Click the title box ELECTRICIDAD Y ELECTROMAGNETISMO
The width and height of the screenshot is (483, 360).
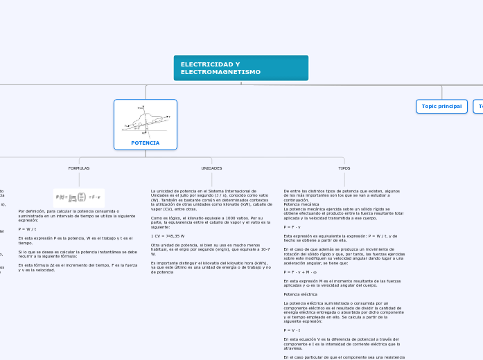click(x=240, y=68)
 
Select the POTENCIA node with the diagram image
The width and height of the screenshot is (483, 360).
click(x=146, y=125)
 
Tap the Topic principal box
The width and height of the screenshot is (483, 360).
click(x=441, y=106)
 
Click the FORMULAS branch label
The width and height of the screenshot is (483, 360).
click(x=79, y=168)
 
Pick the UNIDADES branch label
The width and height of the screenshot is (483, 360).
click(x=211, y=168)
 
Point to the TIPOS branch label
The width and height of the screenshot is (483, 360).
click(x=344, y=168)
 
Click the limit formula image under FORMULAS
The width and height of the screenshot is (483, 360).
click(x=79, y=197)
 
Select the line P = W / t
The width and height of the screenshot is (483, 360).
click(x=28, y=228)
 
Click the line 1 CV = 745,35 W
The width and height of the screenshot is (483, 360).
click(x=168, y=236)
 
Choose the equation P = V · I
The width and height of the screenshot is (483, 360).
click(x=293, y=330)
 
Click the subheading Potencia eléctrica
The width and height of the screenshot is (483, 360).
click(x=301, y=294)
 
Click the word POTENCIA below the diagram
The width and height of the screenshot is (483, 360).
click(x=146, y=143)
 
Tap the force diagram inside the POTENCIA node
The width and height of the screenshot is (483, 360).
click(x=146, y=120)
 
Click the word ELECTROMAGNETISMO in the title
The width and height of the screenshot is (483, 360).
click(x=220, y=72)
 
